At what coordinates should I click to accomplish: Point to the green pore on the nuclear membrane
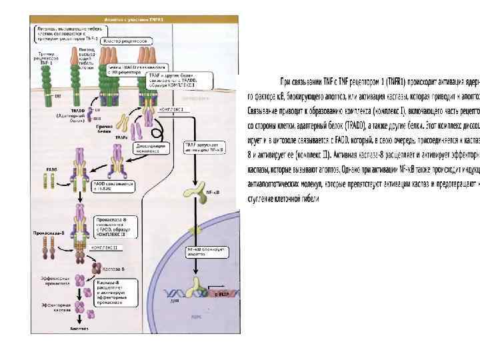click(x=193, y=230)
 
